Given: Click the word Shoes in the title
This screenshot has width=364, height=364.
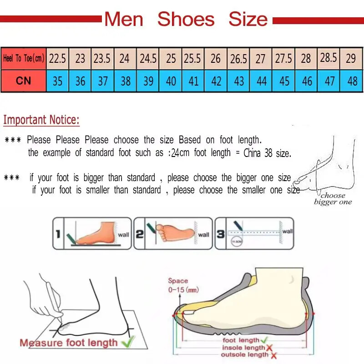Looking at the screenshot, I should (x=186, y=20).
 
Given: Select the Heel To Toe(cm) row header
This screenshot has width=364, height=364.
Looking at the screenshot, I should (x=23, y=58).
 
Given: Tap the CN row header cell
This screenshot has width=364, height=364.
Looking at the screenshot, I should (x=23, y=81).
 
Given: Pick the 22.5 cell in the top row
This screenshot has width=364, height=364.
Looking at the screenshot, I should (x=57, y=59).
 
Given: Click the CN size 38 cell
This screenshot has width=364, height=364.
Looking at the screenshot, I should (x=125, y=81).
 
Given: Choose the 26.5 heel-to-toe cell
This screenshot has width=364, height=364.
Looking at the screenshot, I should (x=238, y=59).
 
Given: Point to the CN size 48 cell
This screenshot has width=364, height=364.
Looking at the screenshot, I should (x=352, y=81).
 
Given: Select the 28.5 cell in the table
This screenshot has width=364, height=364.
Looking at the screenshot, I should (x=329, y=58).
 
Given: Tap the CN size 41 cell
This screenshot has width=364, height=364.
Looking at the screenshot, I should (x=193, y=81).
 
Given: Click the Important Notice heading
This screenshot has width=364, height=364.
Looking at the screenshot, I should (x=41, y=120).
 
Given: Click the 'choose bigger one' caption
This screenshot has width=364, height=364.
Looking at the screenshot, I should (x=333, y=199).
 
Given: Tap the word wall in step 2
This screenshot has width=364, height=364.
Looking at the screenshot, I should (x=203, y=235).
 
